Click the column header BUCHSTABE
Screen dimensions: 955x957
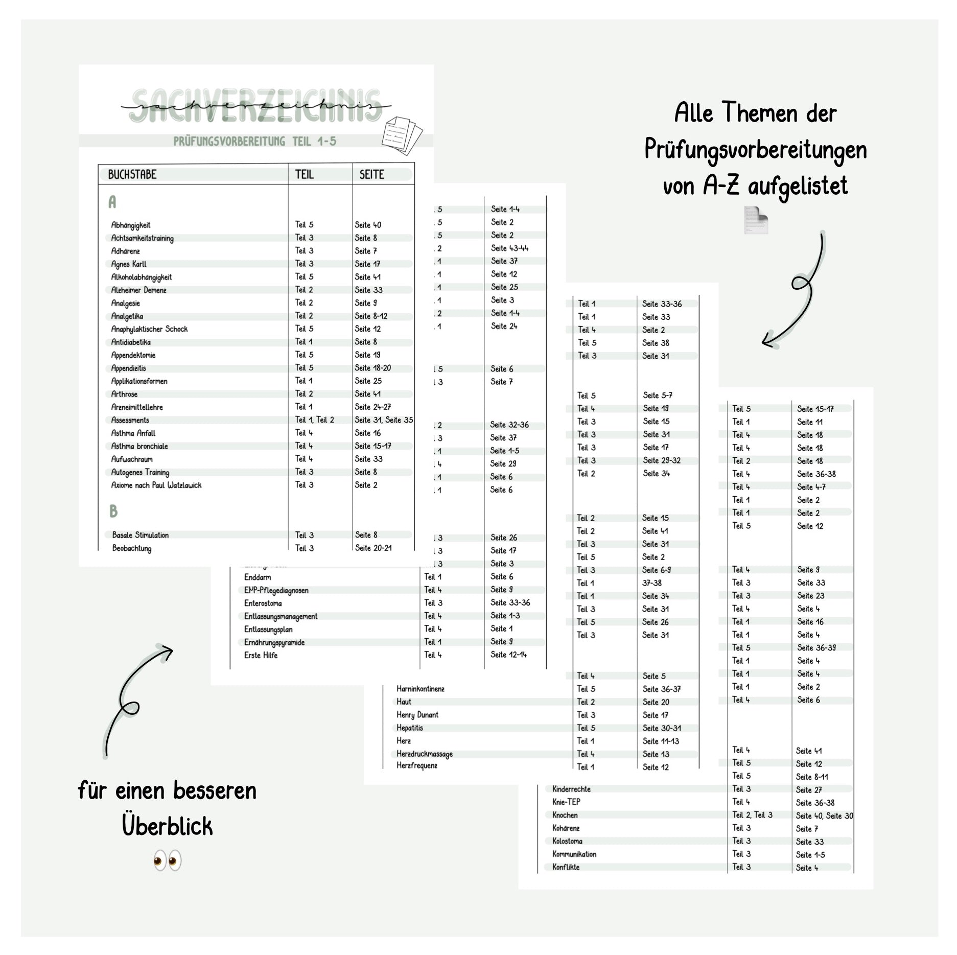tap(132, 175)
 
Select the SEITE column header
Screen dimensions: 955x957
tap(371, 175)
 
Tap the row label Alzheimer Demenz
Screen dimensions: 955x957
tap(138, 290)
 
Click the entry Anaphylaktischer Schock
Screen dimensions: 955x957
tap(149, 329)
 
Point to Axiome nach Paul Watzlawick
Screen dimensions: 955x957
tap(156, 485)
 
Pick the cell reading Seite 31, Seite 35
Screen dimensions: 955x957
tap(384, 420)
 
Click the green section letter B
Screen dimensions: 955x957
tap(113, 511)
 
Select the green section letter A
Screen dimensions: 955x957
tap(112, 202)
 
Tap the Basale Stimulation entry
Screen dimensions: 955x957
tap(141, 535)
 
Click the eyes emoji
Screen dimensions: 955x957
tap(167, 861)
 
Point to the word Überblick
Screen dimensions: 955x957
tap(167, 826)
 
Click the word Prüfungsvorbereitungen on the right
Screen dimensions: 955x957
tap(755, 150)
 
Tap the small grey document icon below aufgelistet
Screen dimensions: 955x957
tap(756, 220)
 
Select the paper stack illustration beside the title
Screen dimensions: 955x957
tap(402, 135)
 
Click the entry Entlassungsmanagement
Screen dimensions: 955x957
tap(281, 616)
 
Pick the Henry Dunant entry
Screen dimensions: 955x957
tap(417, 715)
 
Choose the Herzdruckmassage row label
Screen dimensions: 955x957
tap(425, 754)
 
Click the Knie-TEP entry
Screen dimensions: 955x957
tap(566, 802)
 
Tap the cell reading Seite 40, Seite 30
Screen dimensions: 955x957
tap(824, 816)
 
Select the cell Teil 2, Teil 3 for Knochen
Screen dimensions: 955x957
tap(752, 815)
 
